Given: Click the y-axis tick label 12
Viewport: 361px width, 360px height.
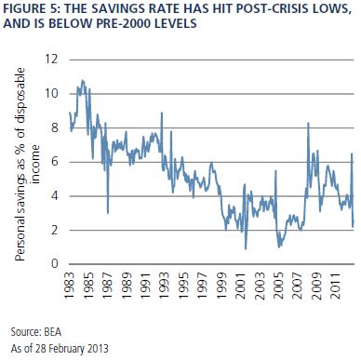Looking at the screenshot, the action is [51, 59].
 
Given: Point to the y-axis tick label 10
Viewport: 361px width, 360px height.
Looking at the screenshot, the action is [51, 93].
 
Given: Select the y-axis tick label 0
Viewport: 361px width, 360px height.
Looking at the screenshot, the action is [55, 263].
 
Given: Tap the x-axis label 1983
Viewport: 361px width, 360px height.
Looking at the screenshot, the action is [70, 286].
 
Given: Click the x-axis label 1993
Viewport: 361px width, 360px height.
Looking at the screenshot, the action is [165, 286].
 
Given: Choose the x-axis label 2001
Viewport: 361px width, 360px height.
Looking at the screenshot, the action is [241, 286].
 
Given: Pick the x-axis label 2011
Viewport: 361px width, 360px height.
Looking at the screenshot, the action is [336, 286].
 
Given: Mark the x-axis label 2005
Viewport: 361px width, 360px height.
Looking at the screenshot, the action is [279, 286].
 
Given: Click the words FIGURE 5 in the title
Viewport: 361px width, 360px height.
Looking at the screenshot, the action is [32, 9].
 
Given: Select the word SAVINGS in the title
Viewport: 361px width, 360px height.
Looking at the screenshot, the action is [118, 9].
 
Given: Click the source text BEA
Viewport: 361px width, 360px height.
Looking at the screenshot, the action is [53, 332].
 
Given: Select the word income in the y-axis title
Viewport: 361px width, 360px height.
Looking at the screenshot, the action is [36, 165].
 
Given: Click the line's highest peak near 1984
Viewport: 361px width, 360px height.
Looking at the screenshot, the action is [82, 80].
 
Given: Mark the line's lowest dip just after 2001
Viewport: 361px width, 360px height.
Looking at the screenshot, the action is [246, 248].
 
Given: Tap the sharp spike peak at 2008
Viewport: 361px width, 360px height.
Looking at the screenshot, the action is [308, 123].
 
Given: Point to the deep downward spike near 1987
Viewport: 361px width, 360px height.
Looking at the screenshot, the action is [108, 213].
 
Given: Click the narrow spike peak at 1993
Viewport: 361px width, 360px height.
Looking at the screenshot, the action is [162, 113].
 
